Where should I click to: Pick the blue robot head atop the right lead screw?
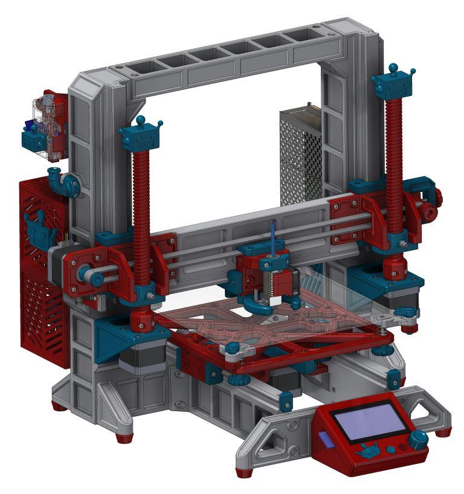click(394, 82)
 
